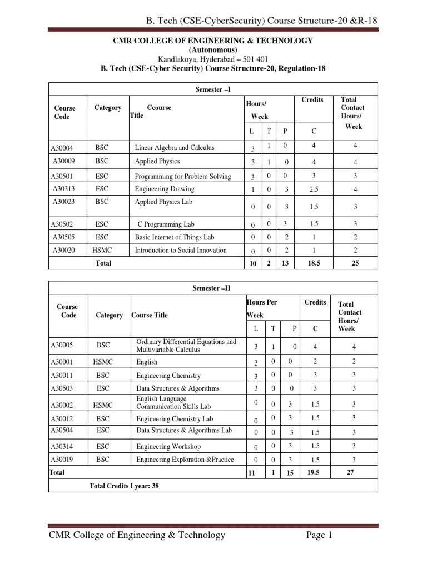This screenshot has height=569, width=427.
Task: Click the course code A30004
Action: coord(65,148)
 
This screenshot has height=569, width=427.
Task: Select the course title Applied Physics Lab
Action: coord(163,202)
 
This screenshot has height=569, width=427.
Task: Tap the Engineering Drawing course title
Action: coord(165,189)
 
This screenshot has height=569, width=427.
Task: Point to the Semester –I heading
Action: coord(213,90)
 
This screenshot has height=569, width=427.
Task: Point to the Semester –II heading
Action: coord(213,288)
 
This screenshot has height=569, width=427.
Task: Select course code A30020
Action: coord(63,251)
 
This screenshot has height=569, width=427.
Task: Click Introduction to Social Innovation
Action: coord(181,250)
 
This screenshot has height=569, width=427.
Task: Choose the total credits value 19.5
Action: coord(315,472)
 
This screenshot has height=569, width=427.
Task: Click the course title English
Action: coord(147,362)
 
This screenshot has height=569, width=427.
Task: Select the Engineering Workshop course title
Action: coord(168,446)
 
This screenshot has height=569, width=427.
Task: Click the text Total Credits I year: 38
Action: coord(124,486)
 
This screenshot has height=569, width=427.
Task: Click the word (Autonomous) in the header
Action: coord(213,50)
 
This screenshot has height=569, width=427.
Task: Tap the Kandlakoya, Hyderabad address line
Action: coord(213,59)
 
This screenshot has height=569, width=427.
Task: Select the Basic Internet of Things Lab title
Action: coord(175,237)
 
